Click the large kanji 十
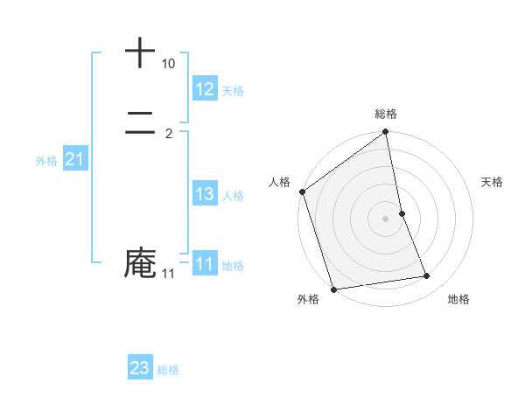140,52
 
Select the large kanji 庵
140,262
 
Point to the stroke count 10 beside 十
168,64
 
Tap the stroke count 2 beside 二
169,134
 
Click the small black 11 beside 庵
168,274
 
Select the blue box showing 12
205,89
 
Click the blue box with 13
205,194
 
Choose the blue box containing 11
205,264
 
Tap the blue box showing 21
74,159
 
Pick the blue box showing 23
140,368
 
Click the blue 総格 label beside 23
168,370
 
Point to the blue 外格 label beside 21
45,161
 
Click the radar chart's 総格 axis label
386,114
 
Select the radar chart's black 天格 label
493,182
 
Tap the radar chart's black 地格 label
458,299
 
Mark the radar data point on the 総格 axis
386,133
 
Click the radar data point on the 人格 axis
303,192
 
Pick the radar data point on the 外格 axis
333,289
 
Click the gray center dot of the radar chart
386,218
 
